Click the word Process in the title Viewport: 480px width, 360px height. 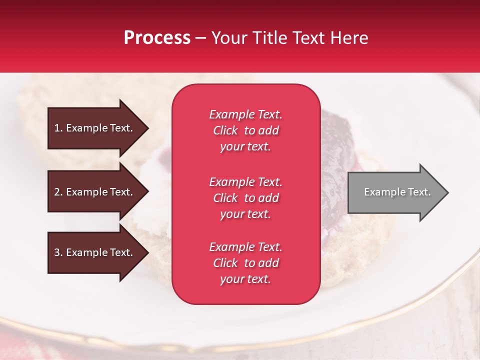(157, 38)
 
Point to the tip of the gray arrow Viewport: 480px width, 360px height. (447, 192)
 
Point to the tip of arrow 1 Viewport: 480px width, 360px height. (147, 128)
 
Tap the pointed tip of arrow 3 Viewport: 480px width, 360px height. (147, 252)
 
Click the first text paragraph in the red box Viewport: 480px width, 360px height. (245, 130)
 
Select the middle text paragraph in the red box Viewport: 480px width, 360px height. (245, 198)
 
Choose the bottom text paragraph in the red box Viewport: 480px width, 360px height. (245, 263)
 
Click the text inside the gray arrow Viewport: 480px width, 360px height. (397, 192)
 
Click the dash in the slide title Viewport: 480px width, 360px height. (201, 38)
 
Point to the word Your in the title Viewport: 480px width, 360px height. (229, 38)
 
